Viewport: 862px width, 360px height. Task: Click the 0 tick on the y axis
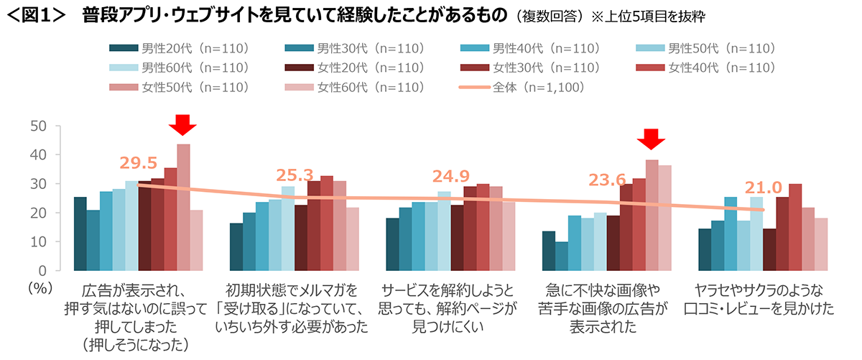pos(42,271)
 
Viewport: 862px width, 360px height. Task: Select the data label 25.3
pos(295,175)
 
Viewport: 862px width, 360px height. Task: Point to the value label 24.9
pos(451,177)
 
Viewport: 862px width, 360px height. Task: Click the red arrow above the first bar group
pos(183,125)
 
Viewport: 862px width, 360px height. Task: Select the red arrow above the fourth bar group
pos(652,139)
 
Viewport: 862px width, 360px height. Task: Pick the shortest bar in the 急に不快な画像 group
pos(560,256)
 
